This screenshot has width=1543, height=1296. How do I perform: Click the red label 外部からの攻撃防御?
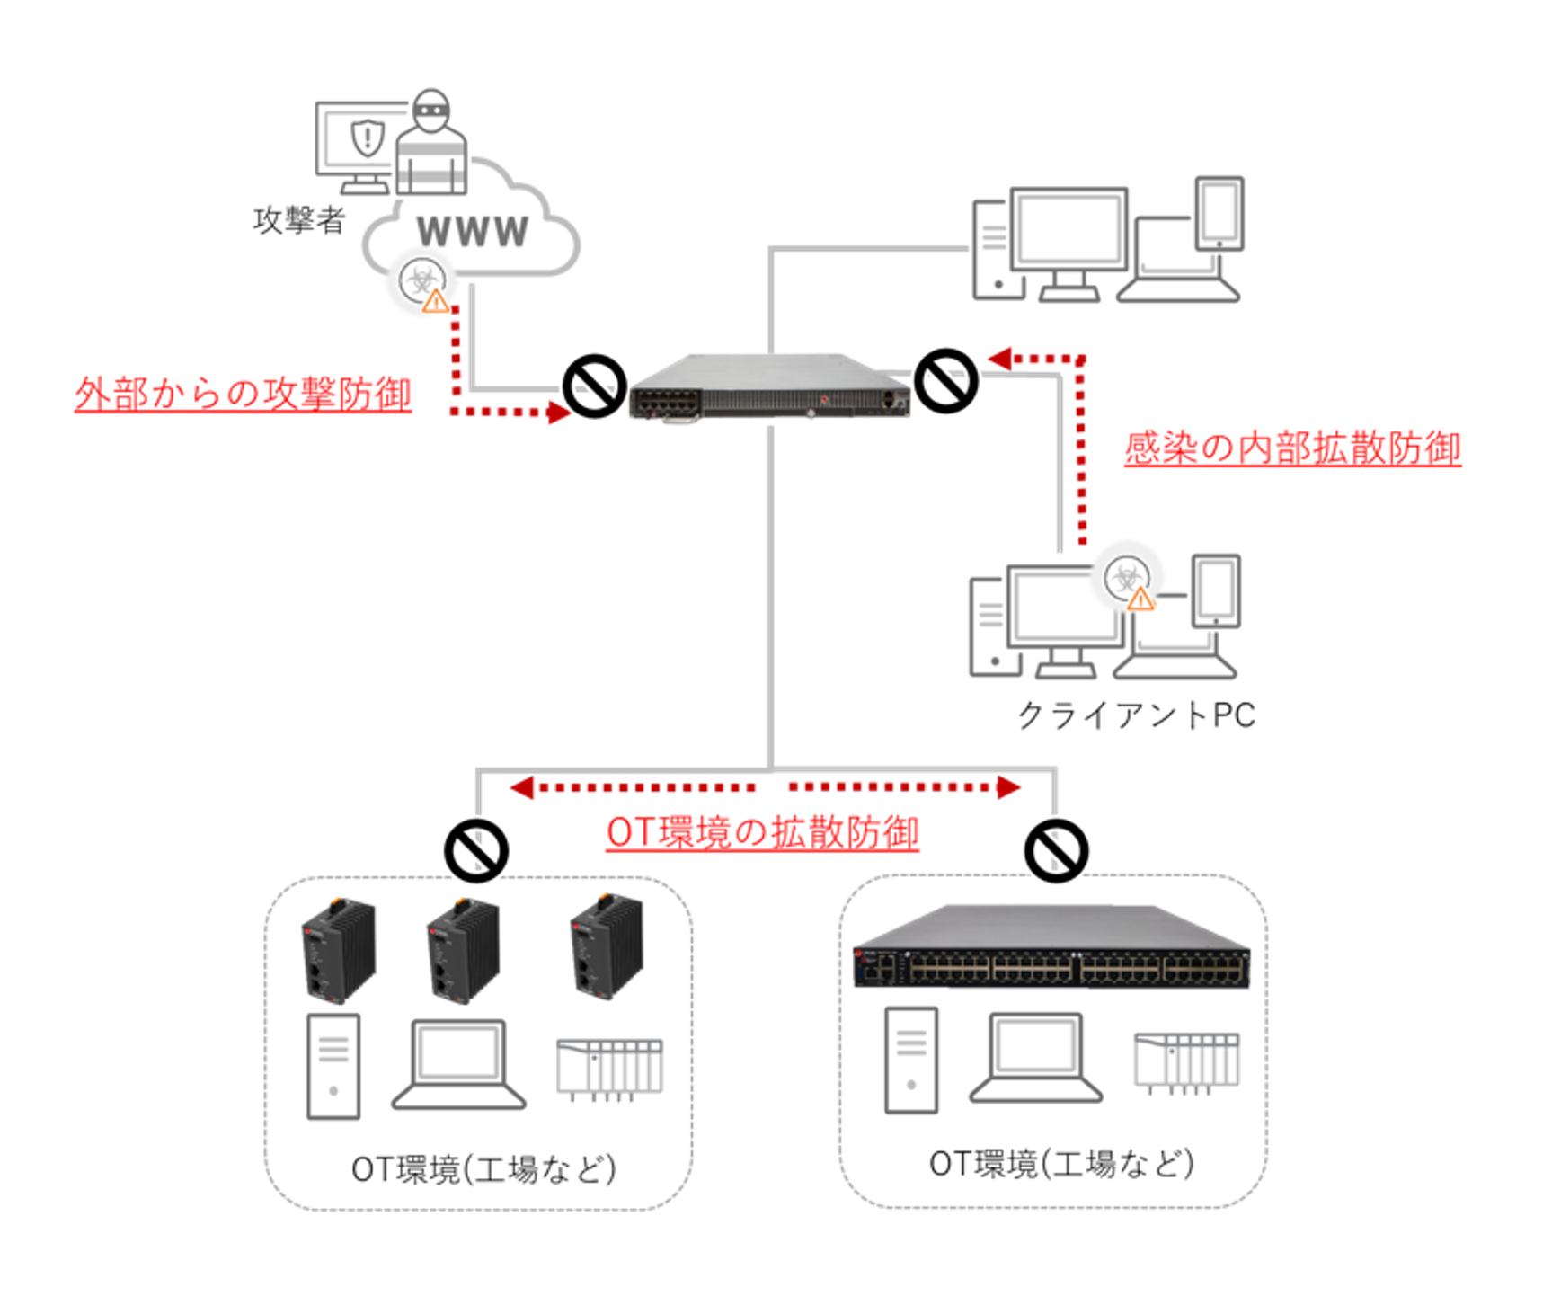pyautogui.click(x=243, y=394)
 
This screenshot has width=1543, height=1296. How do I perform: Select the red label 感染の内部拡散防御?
pyautogui.click(x=1291, y=448)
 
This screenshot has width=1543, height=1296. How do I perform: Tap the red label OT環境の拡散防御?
pyautogui.click(x=762, y=832)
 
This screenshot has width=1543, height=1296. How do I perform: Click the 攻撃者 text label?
pyautogui.click(x=298, y=220)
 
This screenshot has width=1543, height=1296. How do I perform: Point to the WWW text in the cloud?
pyautogui.click(x=473, y=232)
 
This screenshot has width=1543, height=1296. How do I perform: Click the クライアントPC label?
pyautogui.click(x=1135, y=715)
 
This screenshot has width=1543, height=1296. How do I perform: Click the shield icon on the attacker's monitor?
pyautogui.click(x=367, y=138)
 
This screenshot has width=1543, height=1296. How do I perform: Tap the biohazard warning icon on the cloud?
pyautogui.click(x=423, y=282)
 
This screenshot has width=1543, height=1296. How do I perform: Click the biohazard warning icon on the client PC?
pyautogui.click(x=1129, y=581)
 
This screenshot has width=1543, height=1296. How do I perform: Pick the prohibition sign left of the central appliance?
pyautogui.click(x=594, y=386)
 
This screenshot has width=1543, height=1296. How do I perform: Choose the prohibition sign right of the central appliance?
pyautogui.click(x=945, y=381)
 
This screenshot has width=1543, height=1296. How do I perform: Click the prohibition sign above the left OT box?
pyautogui.click(x=476, y=849)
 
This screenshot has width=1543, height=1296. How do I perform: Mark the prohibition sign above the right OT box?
pyautogui.click(x=1056, y=849)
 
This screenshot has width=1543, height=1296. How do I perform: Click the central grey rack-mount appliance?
pyautogui.click(x=769, y=387)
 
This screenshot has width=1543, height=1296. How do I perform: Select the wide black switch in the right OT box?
pyautogui.click(x=1051, y=949)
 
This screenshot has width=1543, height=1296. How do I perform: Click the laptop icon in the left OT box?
pyautogui.click(x=458, y=1065)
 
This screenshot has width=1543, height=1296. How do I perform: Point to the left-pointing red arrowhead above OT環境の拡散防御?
pyautogui.click(x=522, y=788)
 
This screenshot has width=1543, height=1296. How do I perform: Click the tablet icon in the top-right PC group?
pyautogui.click(x=1219, y=214)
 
